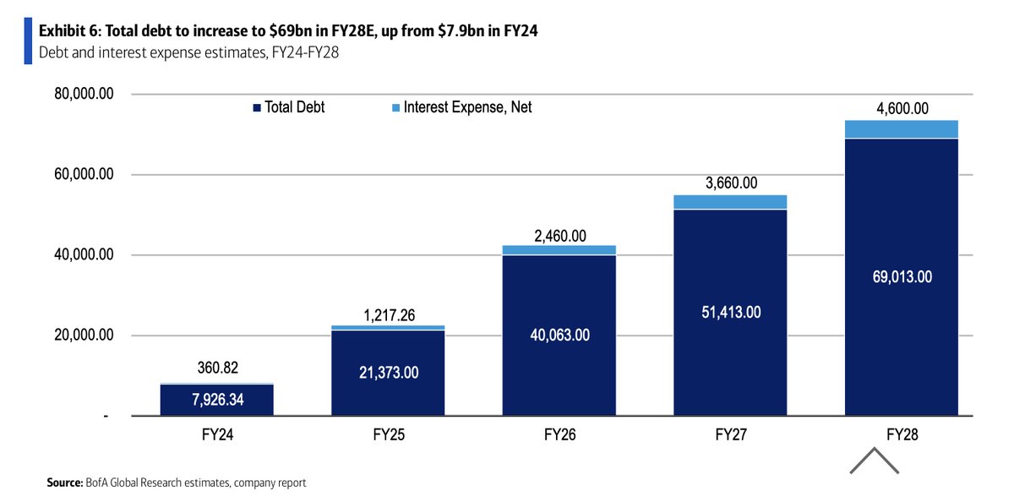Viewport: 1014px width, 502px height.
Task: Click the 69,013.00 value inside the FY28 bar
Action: point(901,276)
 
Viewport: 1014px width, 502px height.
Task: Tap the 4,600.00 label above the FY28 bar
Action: point(901,108)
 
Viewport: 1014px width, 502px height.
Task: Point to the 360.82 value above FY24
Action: point(216,369)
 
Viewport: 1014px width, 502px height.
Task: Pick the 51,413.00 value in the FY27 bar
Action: point(730,312)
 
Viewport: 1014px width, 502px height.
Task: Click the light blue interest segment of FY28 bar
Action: point(901,129)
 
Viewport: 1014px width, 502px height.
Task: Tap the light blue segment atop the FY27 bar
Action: point(730,202)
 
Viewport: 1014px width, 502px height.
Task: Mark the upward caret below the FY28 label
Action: point(874,461)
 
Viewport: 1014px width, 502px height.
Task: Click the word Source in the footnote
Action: point(65,483)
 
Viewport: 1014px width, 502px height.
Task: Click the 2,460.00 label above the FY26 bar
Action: point(559,236)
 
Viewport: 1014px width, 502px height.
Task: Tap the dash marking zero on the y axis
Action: point(106,417)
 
